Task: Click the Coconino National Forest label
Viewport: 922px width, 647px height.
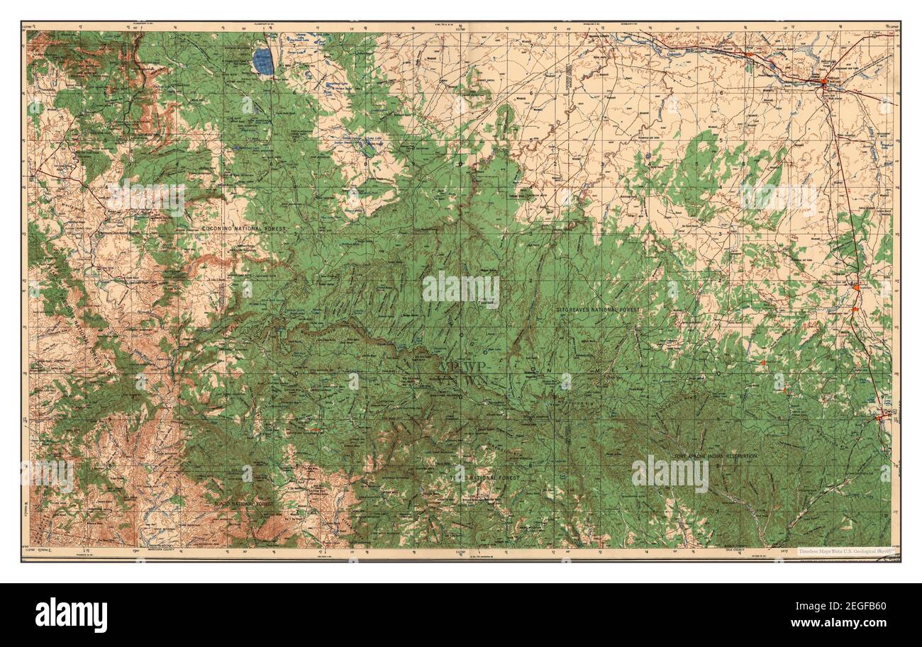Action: tap(243, 229)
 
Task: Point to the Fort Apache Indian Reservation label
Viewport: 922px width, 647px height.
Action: tap(716, 456)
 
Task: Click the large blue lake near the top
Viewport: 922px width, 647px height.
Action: tap(263, 62)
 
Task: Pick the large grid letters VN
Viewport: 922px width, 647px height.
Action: tap(450, 381)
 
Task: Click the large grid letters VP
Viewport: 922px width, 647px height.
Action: tap(450, 366)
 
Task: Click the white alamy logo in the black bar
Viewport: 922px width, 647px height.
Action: tap(72, 614)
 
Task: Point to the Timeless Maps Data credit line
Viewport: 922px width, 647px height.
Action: tap(846, 551)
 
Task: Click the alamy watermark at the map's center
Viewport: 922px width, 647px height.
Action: tap(461, 290)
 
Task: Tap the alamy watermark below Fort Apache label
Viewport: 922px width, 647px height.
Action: tap(670, 474)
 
